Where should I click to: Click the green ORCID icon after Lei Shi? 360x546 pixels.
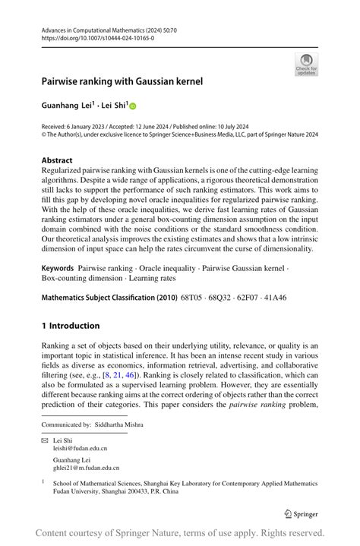tap(131, 108)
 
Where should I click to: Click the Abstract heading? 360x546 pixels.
tap(58, 160)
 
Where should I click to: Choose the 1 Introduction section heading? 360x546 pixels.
tap(71, 326)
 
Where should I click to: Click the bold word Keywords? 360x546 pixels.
tap(58, 268)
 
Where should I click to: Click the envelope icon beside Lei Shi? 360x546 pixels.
tap(45, 440)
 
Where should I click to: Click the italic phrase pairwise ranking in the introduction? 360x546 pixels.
tap(255, 404)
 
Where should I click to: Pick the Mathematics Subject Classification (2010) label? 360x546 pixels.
tap(110, 298)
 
